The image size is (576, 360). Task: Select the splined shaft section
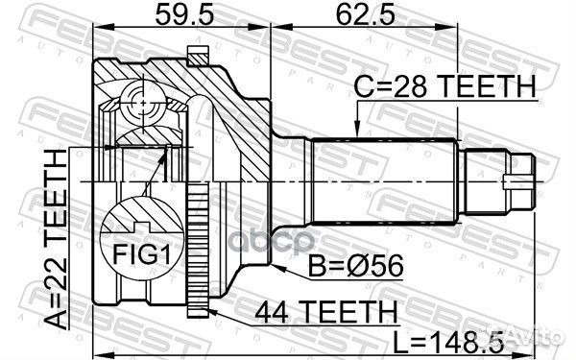pos(384,180)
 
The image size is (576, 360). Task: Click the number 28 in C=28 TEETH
pos(408,87)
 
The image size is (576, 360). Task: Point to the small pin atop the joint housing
pos(200,54)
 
